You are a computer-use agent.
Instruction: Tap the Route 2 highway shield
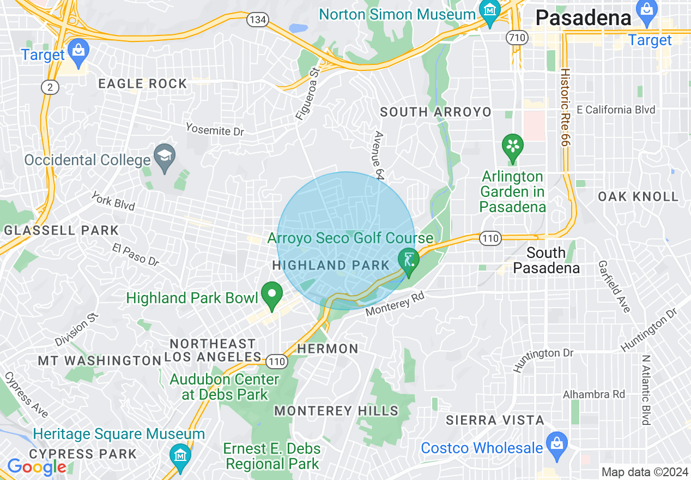pos(50,87)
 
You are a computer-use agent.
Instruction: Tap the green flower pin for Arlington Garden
pos(512,147)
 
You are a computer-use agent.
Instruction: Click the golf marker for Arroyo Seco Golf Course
pos(408,261)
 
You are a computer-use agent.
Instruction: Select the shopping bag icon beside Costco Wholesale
pos(556,442)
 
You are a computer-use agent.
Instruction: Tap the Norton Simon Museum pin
pos(489,11)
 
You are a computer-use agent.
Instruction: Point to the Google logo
pos(37,467)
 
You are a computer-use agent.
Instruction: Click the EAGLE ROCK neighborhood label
pos(142,83)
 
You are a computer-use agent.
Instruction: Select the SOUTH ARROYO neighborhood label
pos(435,112)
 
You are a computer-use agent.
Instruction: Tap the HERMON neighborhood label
pos(328,349)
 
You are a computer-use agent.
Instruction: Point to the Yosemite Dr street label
pos(215,129)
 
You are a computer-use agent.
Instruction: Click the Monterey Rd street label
pos(395,303)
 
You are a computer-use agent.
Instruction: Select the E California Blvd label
pos(616,110)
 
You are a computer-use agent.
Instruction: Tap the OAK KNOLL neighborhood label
pos(638,196)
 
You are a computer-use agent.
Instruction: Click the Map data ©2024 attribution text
pos(644,472)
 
